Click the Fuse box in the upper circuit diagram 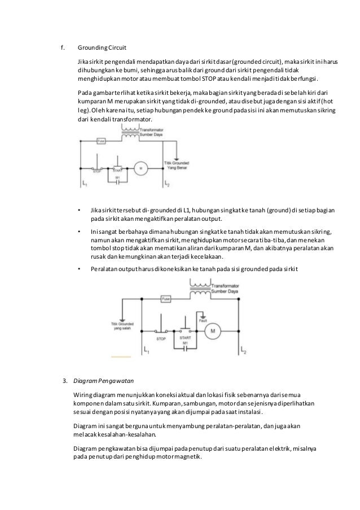pyautogui.click(x=100, y=141)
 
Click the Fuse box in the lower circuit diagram pyautogui.click(x=166, y=298)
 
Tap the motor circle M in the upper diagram pyautogui.click(x=141, y=168)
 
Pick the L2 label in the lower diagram pyautogui.click(x=243, y=351)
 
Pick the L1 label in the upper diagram pyautogui.click(x=85, y=184)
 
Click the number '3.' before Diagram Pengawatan pyautogui.click(x=65, y=381)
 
